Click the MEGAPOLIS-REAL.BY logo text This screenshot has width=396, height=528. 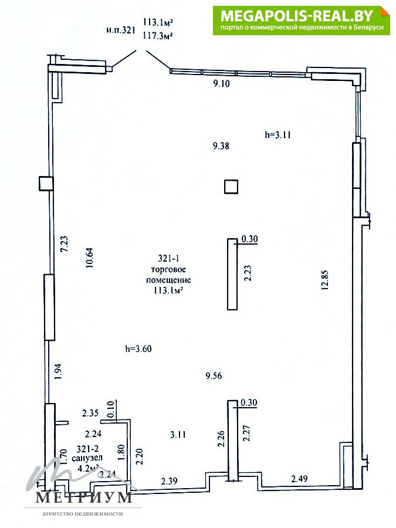tap(297, 15)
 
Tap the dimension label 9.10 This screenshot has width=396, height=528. tap(221, 83)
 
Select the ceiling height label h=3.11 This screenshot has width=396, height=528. tap(278, 135)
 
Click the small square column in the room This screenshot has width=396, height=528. tap(231, 187)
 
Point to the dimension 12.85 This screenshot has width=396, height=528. tap(325, 280)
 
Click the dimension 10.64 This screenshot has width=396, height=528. tap(90, 258)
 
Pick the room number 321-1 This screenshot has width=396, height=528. tap(169, 258)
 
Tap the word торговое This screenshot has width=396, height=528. tap(168, 269)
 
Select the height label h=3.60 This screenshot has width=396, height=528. tap(138, 348)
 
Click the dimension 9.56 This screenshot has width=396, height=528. tap(214, 375)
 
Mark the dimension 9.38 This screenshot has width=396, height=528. tap(221, 145)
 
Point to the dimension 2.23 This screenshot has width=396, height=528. tap(248, 273)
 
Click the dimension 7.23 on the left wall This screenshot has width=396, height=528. tap(64, 243)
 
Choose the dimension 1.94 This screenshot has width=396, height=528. tap(57, 371)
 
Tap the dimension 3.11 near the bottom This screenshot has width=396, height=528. tap(178, 434)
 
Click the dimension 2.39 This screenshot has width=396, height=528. tap(169, 481)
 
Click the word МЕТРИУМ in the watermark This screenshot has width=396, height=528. tap(83, 497)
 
